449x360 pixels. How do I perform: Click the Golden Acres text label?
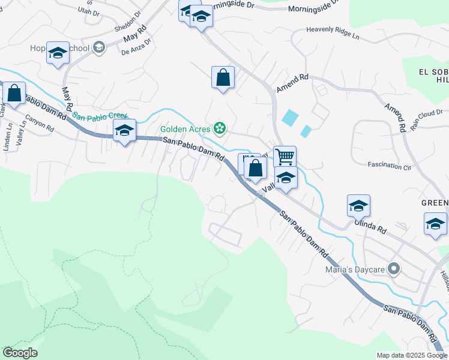185,128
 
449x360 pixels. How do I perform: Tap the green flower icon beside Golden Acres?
220,128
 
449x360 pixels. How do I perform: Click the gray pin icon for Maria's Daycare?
394,268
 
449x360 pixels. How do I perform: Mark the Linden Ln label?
8,137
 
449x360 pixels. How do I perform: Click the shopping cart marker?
285,157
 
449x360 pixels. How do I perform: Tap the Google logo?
20,353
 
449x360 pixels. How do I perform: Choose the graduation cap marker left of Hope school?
58,54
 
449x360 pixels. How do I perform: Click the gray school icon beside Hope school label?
98,48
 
